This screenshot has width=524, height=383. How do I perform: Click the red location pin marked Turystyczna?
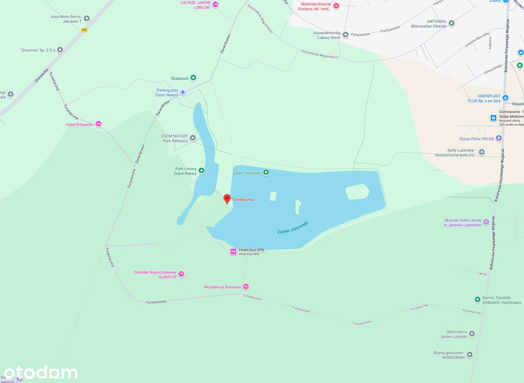227,199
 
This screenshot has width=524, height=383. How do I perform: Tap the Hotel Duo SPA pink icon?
233,251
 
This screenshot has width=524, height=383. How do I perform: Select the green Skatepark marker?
193,78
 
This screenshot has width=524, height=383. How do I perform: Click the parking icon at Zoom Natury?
183,92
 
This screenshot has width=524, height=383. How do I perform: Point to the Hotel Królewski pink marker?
98,124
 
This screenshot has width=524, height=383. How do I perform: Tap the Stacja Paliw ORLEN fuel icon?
499,138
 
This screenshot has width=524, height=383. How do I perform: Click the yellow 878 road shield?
84,30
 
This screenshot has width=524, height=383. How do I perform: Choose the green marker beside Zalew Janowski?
266,172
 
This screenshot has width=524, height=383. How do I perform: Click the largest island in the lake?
357,191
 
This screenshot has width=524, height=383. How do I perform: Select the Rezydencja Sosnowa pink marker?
246,287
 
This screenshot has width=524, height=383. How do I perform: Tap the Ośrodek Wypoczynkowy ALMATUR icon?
181,274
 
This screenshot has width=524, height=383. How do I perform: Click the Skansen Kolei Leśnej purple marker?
486,222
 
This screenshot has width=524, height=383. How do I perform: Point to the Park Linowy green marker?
201,170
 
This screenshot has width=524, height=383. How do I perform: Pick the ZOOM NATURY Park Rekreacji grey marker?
192,138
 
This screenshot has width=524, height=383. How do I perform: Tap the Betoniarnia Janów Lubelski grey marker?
472,333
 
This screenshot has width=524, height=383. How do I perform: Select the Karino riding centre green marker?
477,300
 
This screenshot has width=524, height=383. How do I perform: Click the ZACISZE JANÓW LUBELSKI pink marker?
215,5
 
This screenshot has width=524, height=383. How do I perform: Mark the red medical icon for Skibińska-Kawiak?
336,6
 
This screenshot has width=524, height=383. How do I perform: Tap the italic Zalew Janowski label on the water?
292,228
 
